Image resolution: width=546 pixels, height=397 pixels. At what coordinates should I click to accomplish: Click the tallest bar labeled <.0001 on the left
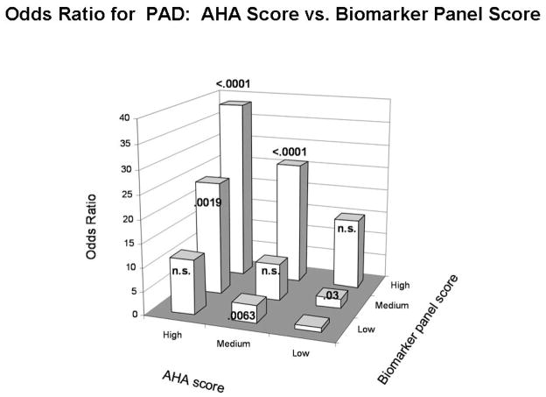pos(235,188)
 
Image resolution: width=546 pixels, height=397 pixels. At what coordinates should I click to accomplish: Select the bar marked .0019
pos(213,236)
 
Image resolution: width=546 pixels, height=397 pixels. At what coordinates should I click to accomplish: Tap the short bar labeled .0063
pos(249,308)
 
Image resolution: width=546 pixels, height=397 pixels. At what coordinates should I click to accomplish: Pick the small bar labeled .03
pos(332,298)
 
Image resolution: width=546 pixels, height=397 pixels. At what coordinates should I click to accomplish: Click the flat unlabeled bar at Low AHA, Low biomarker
pos(311,323)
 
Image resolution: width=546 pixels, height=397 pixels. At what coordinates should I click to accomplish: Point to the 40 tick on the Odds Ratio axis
pos(124,118)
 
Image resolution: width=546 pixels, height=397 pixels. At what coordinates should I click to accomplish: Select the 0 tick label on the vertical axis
pos(135,315)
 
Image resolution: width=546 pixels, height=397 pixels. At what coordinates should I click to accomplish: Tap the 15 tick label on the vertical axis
pos(129,243)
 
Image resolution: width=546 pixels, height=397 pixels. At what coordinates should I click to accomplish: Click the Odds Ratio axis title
pos(91,227)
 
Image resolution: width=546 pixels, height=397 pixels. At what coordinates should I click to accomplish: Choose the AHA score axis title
pos(193,380)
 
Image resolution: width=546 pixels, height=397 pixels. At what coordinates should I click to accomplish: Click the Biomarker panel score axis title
pos(418,330)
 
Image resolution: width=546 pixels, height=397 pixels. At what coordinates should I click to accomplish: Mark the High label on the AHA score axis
pos(172,335)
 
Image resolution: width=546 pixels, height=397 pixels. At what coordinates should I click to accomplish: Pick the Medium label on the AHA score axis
pos(234,344)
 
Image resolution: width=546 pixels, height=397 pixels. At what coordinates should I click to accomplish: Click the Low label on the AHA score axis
pos(300,353)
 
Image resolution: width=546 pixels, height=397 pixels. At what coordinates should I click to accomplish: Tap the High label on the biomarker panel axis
pos(400,286)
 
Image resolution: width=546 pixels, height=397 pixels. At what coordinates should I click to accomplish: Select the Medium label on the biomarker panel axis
pos(392,306)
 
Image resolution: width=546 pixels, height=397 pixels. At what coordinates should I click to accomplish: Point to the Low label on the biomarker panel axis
pos(366,330)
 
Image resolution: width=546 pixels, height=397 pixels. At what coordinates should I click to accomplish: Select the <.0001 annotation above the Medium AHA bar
pos(290,152)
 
